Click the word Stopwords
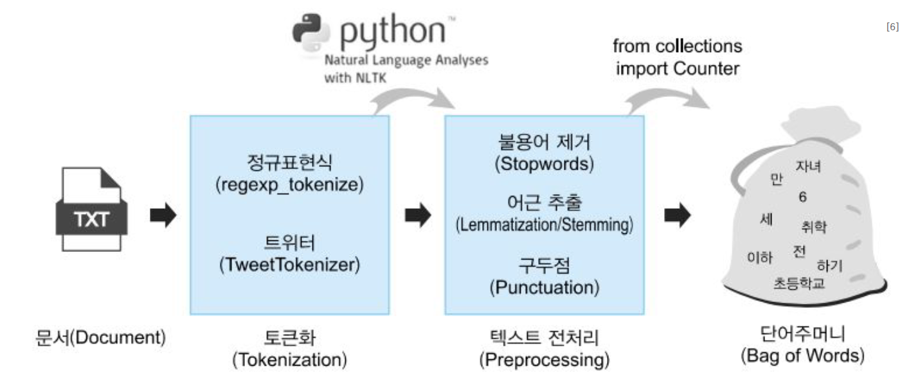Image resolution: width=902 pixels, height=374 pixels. coord(544,164)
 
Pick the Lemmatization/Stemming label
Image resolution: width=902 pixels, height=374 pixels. coord(544,225)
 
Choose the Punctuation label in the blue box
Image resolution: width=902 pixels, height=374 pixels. coord(544,287)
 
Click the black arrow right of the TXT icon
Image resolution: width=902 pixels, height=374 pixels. coord(163,216)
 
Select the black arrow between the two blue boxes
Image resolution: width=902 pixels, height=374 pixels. coord(418,216)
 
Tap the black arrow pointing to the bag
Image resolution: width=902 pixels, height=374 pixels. coord(677,216)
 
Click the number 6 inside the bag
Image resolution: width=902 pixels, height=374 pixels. coord(802,197)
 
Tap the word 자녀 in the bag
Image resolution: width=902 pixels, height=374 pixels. coord(807,167)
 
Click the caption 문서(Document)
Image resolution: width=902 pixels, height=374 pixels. coord(100,337)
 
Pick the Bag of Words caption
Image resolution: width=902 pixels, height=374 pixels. coord(802,355)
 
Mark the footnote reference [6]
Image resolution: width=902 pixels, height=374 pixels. coord(892,26)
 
